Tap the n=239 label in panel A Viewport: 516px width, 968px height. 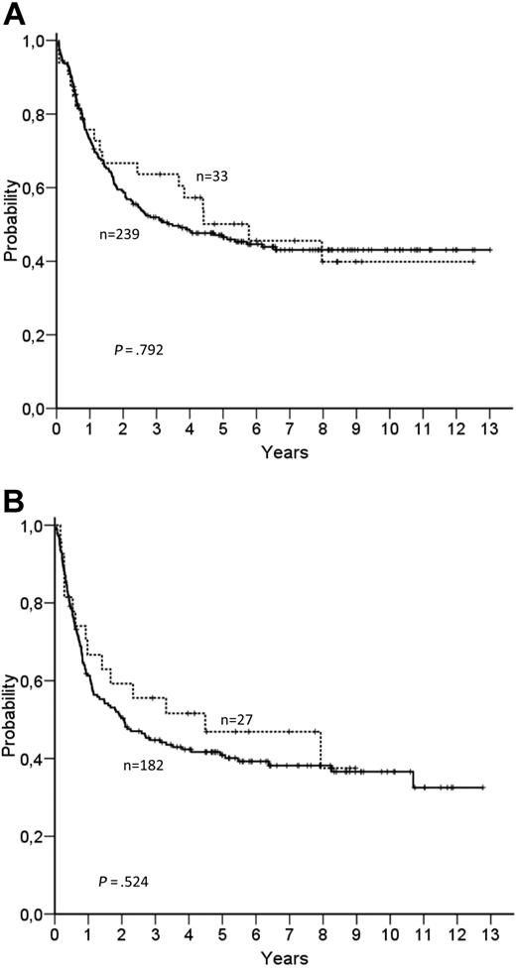pyautogui.click(x=120, y=235)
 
